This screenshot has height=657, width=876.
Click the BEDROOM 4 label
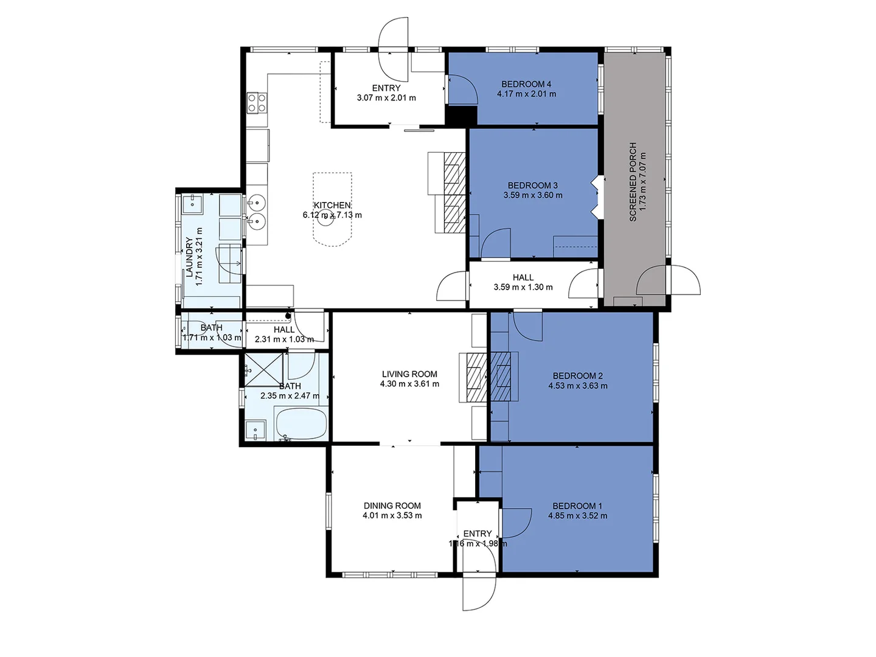[x=526, y=84]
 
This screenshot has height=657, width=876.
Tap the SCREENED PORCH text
[x=633, y=182]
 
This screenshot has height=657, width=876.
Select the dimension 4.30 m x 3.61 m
[x=409, y=384]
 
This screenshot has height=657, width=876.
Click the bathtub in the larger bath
[x=302, y=424]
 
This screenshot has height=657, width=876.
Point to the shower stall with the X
[x=263, y=369]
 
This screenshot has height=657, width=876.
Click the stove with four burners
[x=256, y=102]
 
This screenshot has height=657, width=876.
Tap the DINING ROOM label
[x=392, y=506]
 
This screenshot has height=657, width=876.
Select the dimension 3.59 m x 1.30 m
[x=523, y=287]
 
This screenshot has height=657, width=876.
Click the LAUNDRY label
[x=189, y=257]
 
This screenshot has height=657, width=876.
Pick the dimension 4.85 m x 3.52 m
[x=577, y=516]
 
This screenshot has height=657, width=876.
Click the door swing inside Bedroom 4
[x=463, y=89]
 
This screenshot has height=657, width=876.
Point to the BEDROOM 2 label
[x=577, y=376]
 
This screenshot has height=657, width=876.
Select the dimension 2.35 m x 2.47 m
[x=290, y=395]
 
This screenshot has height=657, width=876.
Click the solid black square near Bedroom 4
[x=461, y=116]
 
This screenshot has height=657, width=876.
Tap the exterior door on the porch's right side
[x=685, y=280]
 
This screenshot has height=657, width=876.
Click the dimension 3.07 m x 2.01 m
[x=386, y=98]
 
